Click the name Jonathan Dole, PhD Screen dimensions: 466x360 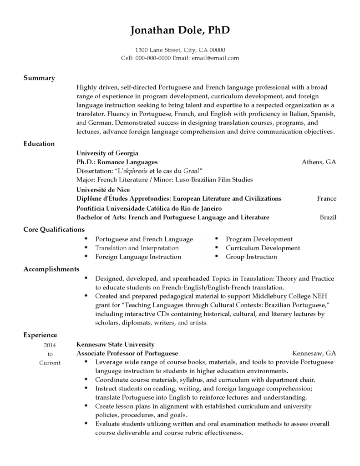coord(180,30)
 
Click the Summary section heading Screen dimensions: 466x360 coord(39,78)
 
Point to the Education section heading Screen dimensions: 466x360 coord(39,144)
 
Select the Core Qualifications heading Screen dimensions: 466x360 coord(54,230)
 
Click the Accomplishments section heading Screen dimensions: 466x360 coord(51,269)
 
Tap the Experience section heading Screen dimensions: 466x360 coord(41,335)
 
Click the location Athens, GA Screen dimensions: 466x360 coord(319,162)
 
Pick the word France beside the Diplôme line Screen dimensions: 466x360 coord(327,198)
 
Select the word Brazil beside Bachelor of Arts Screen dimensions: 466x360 coord(328,217)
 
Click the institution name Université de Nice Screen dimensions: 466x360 coord(103,189)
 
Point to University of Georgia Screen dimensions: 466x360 coord(107,153)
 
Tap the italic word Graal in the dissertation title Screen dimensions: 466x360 coord(191,171)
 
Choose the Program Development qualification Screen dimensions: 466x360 coord(259,239)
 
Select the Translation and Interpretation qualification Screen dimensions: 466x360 coord(137,248)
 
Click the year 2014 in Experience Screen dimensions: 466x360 coord(50,345)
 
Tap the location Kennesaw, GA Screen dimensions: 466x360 coord(314,353)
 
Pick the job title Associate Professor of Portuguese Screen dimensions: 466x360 coord(127,353)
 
